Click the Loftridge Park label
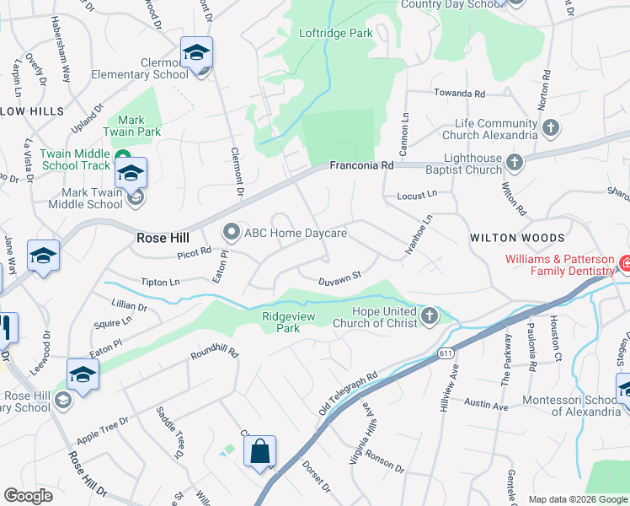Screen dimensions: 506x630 coord(336,34)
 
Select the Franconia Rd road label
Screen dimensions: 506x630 coord(361,166)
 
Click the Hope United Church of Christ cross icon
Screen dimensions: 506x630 coord(430,315)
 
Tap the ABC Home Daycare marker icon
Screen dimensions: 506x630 coord(231,232)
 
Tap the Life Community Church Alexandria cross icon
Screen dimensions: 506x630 coord(551,128)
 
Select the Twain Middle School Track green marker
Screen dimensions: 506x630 coord(123,158)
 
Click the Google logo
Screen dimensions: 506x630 coord(28,496)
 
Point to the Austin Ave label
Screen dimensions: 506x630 coord(487,406)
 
